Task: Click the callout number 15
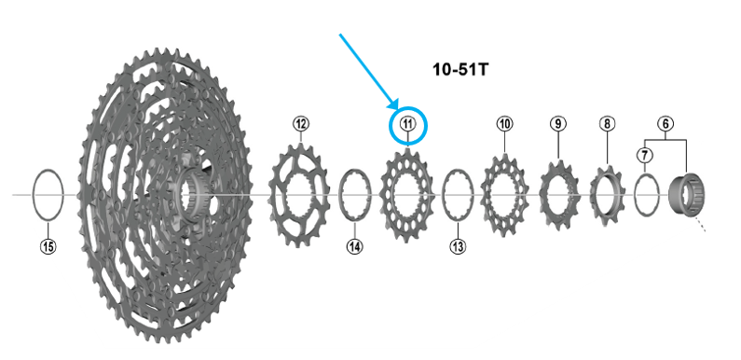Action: (48, 246)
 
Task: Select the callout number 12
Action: (301, 124)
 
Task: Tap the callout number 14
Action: (355, 246)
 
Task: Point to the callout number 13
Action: (458, 246)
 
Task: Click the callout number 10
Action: (504, 124)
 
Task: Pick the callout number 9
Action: (558, 124)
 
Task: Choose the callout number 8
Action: (608, 124)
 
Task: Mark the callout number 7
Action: (644, 155)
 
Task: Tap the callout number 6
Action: (666, 124)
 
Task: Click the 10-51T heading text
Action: (460, 70)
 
